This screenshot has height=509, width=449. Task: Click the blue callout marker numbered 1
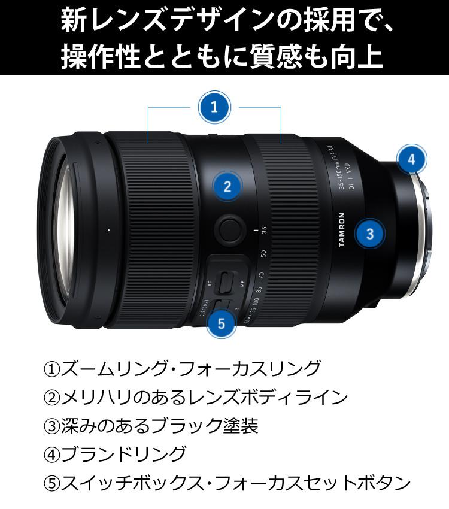(214, 108)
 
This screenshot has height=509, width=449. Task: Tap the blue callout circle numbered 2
(227, 186)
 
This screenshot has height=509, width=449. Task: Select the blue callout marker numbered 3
(370, 234)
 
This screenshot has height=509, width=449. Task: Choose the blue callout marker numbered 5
(222, 323)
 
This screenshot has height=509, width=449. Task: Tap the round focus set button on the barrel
(229, 229)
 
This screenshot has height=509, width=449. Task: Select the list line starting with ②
(195, 397)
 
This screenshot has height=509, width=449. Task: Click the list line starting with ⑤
(227, 483)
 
